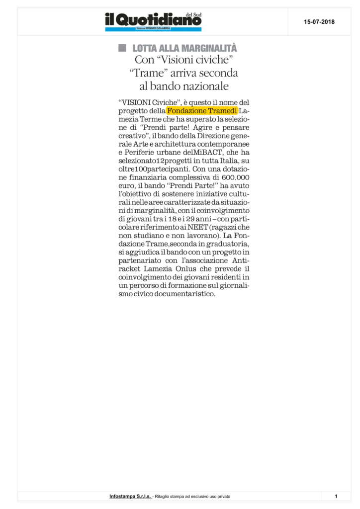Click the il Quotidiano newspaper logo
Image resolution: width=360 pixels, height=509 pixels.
pyautogui.click(x=153, y=21)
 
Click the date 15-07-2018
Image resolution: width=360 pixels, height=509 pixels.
pyautogui.click(x=319, y=22)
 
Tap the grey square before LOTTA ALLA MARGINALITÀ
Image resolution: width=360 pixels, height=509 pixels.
pyautogui.click(x=122, y=48)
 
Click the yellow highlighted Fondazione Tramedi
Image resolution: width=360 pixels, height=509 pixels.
pyautogui.click(x=202, y=110)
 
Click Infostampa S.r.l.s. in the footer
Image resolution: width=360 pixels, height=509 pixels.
pyautogui.click(x=131, y=497)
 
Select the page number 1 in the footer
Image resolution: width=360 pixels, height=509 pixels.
pyautogui.click(x=336, y=497)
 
